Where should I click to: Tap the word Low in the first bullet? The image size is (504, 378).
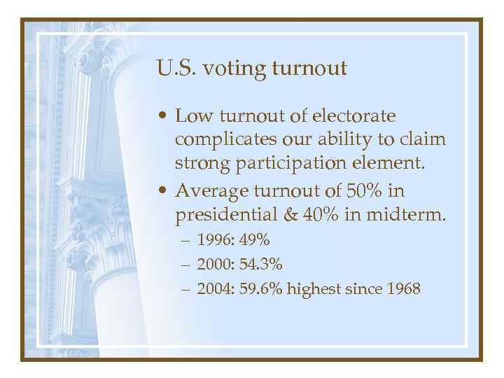click(190, 115)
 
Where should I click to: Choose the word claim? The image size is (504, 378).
click(425, 139)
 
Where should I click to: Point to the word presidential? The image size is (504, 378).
click(225, 215)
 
